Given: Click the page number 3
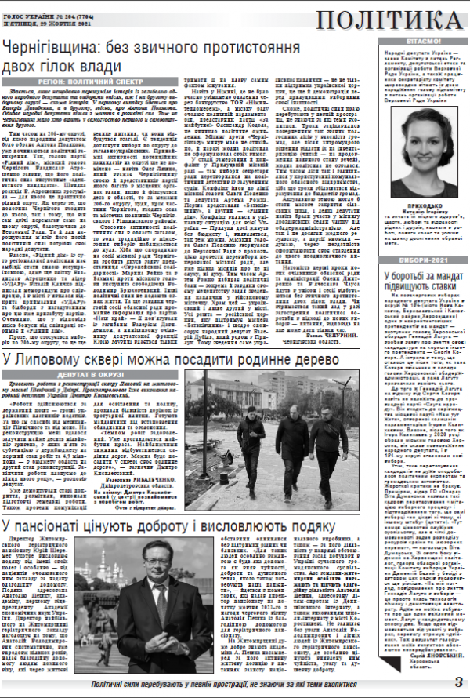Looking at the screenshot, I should point(458,682).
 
